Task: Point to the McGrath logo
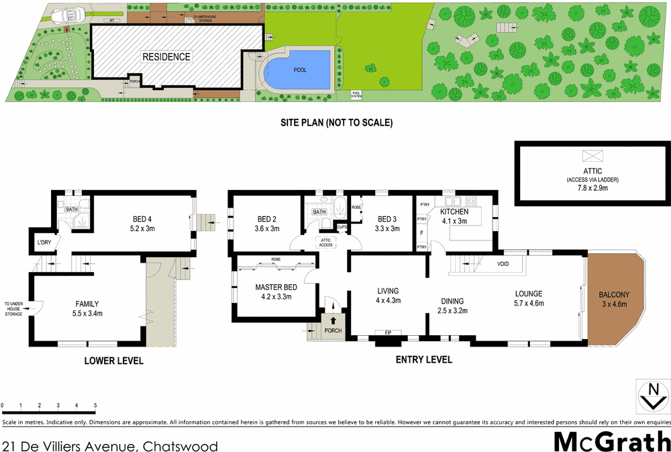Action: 611,441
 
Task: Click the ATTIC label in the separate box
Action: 592,172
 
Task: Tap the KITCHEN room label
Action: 454,212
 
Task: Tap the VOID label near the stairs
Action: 503,264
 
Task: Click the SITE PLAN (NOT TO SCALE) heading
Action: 336,123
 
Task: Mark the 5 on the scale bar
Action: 95,406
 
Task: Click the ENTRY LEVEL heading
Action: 423,360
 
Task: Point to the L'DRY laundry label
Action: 44,242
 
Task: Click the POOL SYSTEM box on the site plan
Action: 356,95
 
